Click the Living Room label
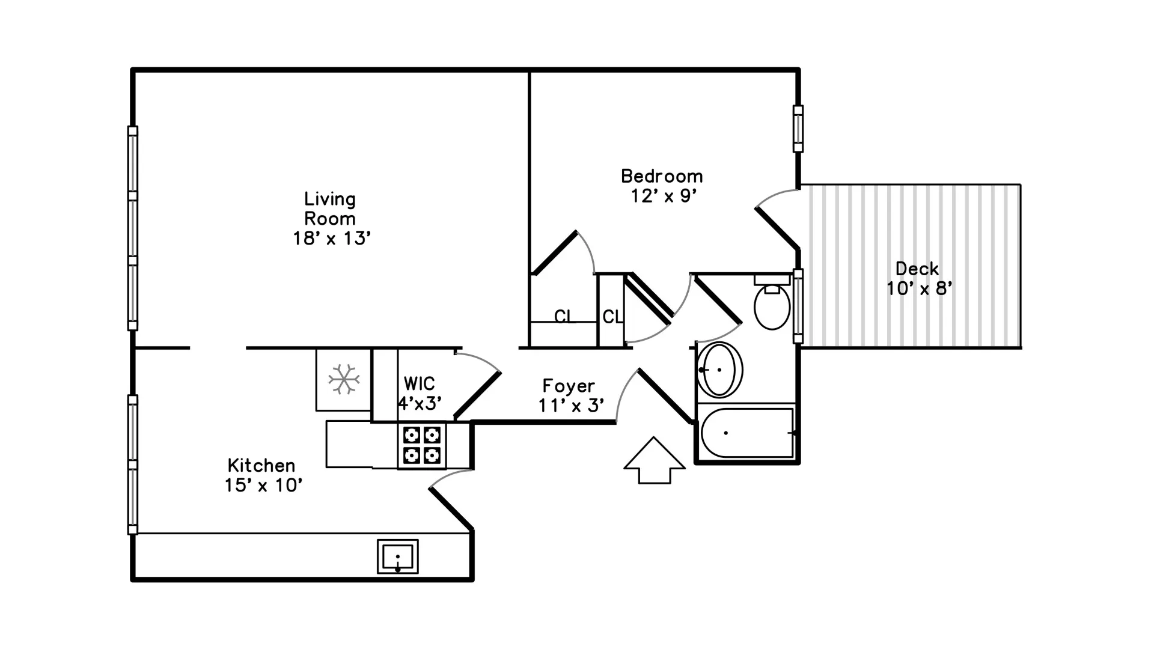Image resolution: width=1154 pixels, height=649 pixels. click(x=330, y=209)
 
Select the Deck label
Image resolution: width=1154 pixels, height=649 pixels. click(x=917, y=269)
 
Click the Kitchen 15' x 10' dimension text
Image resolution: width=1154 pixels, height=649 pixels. click(x=263, y=486)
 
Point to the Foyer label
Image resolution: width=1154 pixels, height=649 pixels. click(x=569, y=386)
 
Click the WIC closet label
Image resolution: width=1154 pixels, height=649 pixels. click(x=419, y=383)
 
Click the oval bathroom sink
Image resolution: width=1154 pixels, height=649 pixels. click(x=719, y=370)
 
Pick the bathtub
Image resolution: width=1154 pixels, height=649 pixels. click(x=747, y=433)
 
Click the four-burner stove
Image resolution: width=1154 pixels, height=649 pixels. click(x=421, y=445)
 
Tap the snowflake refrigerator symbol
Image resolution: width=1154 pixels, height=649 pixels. click(x=344, y=379)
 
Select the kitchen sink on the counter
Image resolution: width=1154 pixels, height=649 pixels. click(x=397, y=556)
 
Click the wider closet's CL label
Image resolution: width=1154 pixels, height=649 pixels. click(x=564, y=316)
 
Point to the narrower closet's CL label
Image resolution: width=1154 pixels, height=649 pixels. click(x=612, y=316)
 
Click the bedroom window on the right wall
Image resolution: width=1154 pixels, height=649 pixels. click(x=798, y=129)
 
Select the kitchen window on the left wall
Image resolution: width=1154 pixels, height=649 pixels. click(x=133, y=464)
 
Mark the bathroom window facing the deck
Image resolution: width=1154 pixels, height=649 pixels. click(x=798, y=306)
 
